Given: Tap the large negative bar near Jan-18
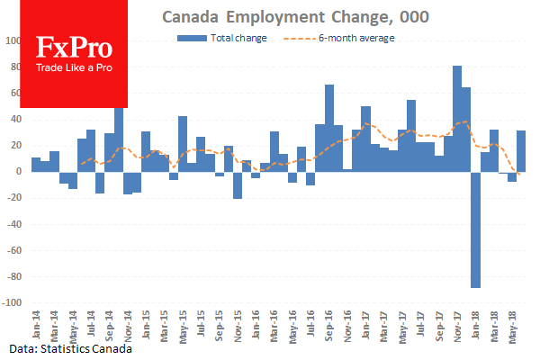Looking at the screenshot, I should tap(475, 229).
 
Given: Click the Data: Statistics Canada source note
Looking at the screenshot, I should tap(71, 347).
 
